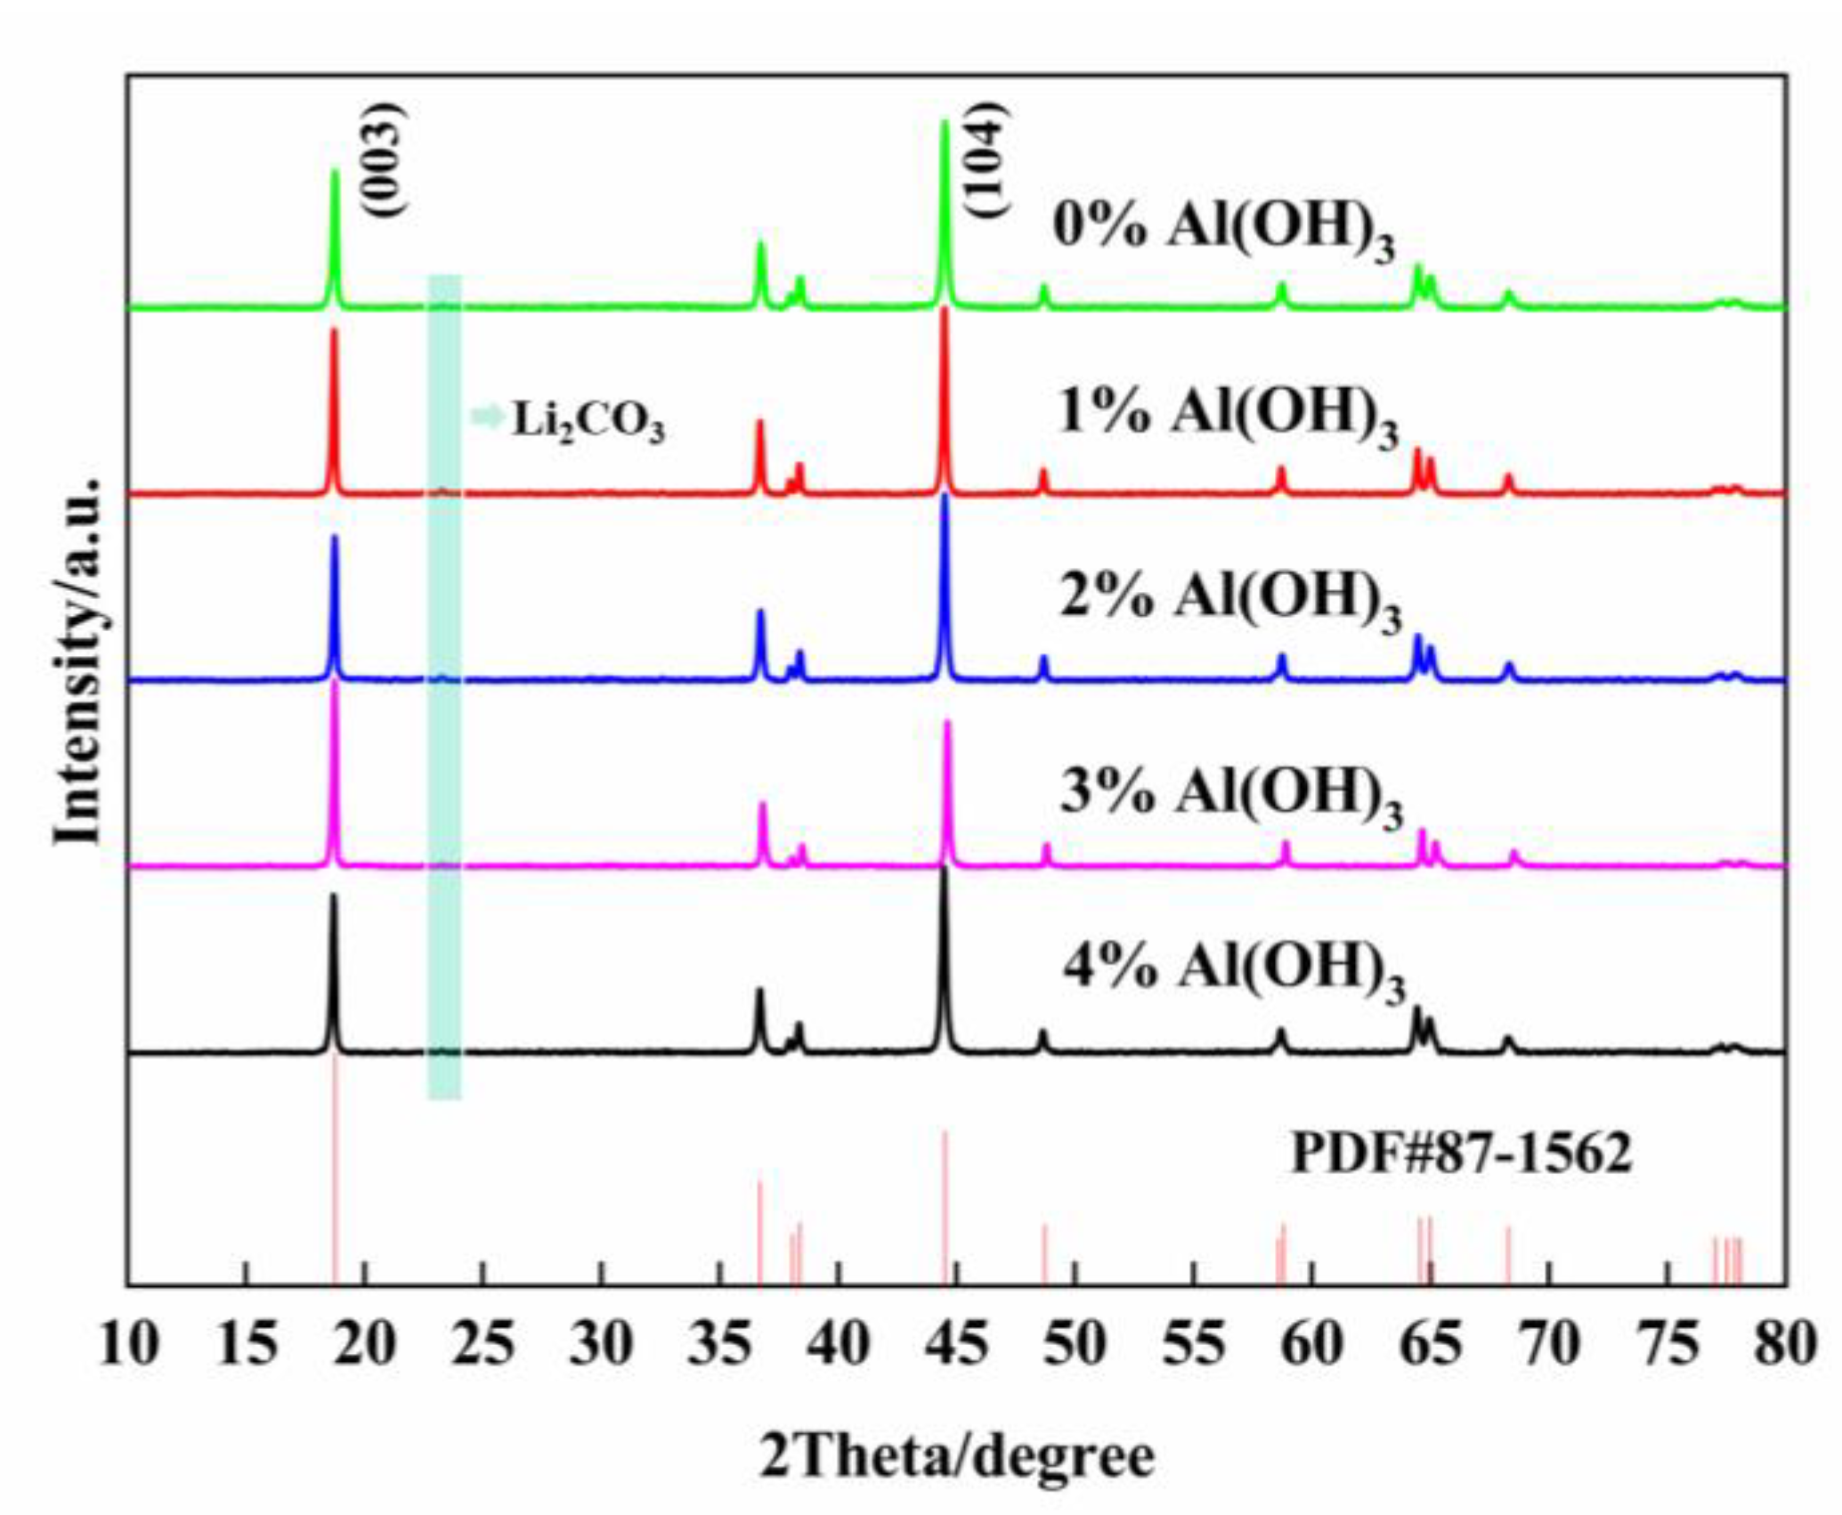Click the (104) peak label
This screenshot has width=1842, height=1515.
pos(989,160)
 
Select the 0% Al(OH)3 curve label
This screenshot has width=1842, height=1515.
pos(1223,229)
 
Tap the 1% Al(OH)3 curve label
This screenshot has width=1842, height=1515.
pos(1227,416)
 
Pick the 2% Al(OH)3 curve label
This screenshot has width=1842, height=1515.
pos(1229,600)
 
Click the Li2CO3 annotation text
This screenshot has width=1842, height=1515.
pos(588,420)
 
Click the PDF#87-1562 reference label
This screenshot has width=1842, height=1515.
pos(1461,1154)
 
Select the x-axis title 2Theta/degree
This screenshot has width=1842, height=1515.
pos(957,1457)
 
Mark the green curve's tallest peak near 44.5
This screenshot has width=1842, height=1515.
pos(945,125)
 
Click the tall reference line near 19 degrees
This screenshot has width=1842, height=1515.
pos(336,1175)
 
